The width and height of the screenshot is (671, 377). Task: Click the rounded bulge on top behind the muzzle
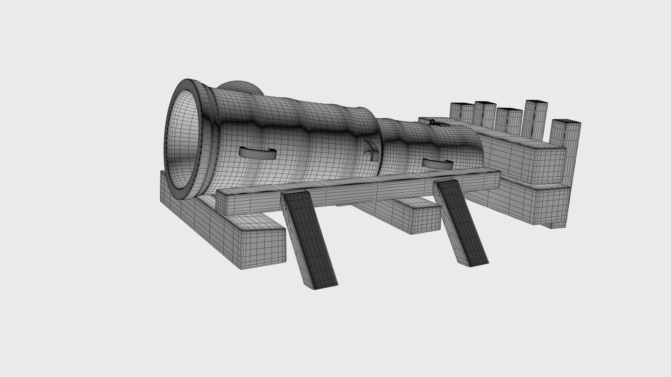click(x=241, y=87)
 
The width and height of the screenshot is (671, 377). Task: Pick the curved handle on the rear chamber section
click(x=437, y=163)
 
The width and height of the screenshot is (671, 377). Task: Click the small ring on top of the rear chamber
click(x=432, y=123)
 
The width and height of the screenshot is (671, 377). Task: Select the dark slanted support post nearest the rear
click(x=461, y=223)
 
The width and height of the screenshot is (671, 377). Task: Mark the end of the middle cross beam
click(x=425, y=218)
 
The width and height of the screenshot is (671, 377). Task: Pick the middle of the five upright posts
click(x=508, y=120)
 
